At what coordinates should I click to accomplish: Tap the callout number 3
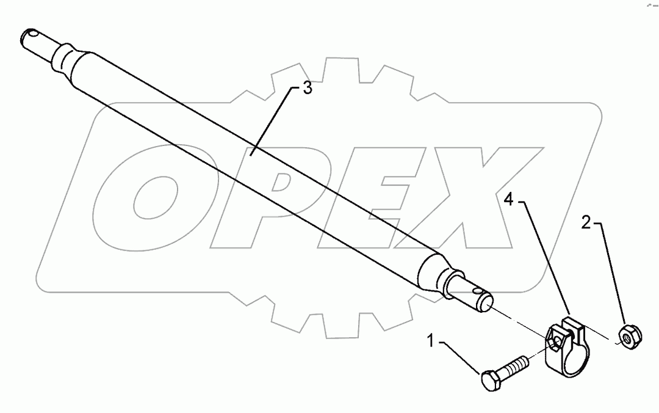(x=307, y=89)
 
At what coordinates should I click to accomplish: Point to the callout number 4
(x=509, y=199)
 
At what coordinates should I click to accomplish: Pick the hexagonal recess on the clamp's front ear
(x=553, y=340)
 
